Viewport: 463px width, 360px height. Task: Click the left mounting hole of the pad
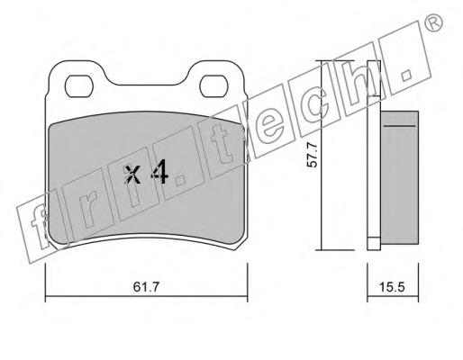[79, 86]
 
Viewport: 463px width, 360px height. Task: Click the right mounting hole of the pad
[214, 86]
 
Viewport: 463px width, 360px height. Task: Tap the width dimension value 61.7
[146, 287]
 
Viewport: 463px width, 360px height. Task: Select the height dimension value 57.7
[313, 155]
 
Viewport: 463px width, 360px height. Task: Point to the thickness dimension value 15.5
[392, 287]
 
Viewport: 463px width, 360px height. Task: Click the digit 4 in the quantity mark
[159, 171]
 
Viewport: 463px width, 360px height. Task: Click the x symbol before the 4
[132, 174]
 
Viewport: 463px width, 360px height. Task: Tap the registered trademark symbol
[434, 22]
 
